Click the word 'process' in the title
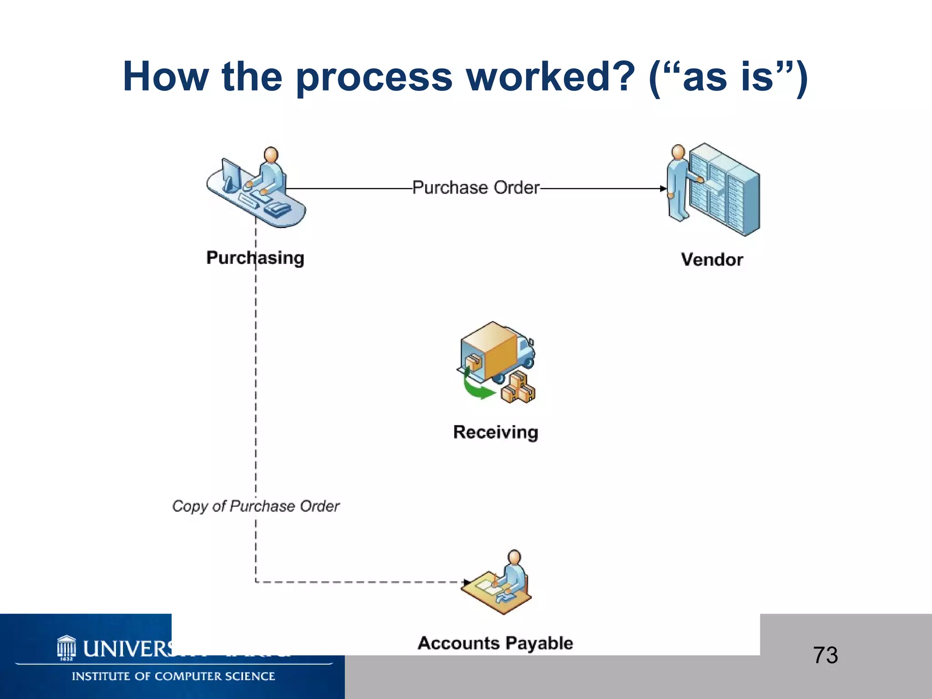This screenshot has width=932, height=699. pos(374,77)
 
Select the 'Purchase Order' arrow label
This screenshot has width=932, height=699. pos(476,187)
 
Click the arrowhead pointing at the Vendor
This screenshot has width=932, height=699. pos(663,188)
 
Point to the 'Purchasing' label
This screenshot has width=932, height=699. pos(255,258)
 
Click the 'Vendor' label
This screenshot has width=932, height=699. pos(712,259)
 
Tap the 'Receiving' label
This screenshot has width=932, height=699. pos(496,432)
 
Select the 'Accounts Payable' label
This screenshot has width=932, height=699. pos(495,643)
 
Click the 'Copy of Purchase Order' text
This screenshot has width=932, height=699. pos(256,506)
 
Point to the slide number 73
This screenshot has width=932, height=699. pos(825,655)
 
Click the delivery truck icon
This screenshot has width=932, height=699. pos(496,353)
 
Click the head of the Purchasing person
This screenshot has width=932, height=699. pos(271,155)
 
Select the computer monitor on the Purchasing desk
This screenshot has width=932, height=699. pos(231,175)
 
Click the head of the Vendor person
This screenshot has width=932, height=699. pos(678,152)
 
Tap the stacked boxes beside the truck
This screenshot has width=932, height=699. pos(519,388)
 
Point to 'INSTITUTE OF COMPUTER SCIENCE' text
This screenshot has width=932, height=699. pos(173,676)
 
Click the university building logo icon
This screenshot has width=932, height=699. pos(66,647)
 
